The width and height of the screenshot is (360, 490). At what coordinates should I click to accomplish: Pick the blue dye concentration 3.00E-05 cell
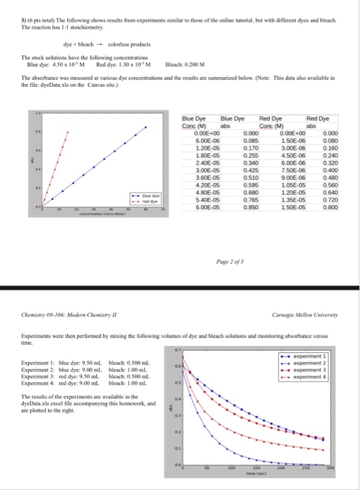click(x=195, y=169)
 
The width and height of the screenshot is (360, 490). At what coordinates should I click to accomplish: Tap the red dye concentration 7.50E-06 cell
click(x=289, y=169)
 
